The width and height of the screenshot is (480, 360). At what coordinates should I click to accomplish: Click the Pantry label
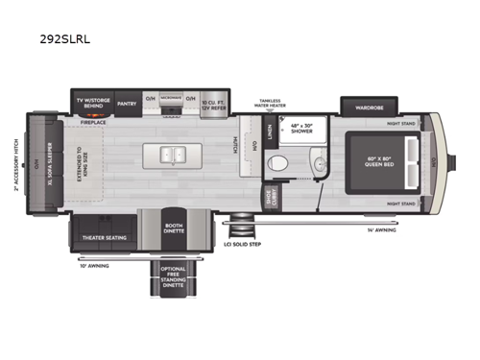[x=126, y=101]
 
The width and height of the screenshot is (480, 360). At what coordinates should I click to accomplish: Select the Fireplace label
[x=93, y=122]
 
